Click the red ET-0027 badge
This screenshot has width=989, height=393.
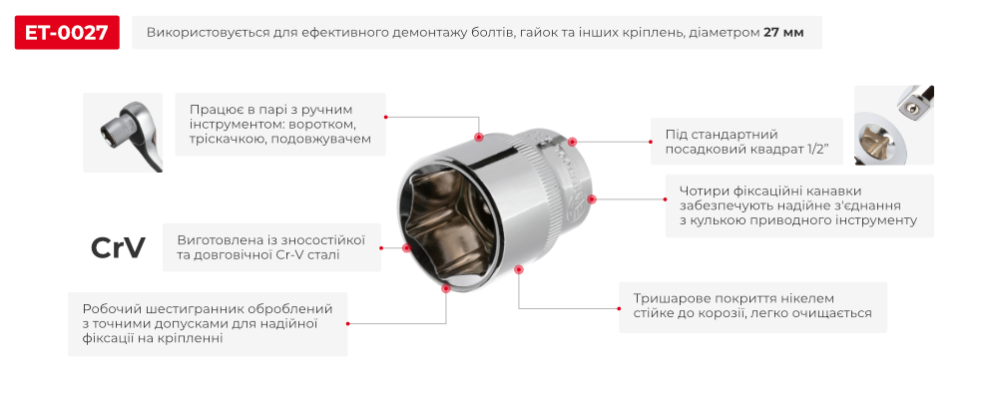point(68,33)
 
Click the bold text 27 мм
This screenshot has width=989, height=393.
point(783,33)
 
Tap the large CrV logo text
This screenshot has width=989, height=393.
point(118,246)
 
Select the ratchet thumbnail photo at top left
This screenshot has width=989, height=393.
point(122,132)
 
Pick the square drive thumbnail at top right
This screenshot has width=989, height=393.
point(893,125)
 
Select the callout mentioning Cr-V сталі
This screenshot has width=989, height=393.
point(269,247)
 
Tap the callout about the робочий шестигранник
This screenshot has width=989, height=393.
point(208,323)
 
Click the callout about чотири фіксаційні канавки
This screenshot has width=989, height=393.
point(798,205)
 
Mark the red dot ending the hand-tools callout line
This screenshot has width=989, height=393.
point(479,137)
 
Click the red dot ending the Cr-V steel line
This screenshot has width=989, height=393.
point(405,248)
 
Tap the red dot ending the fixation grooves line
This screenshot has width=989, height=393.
point(592,198)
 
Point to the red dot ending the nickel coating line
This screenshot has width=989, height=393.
point(518,268)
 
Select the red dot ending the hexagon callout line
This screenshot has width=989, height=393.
point(445,288)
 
